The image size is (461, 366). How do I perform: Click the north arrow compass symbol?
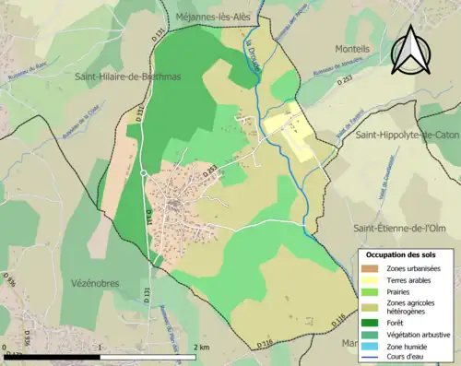413,51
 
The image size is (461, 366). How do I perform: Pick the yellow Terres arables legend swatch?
371,278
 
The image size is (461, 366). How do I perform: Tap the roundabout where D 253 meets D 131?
144,172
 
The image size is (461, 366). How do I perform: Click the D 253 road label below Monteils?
345,80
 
